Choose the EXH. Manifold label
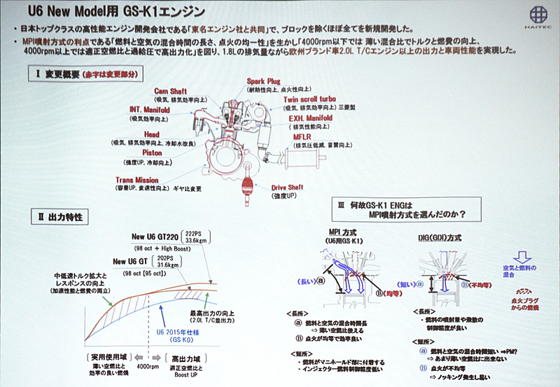point(310,119)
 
